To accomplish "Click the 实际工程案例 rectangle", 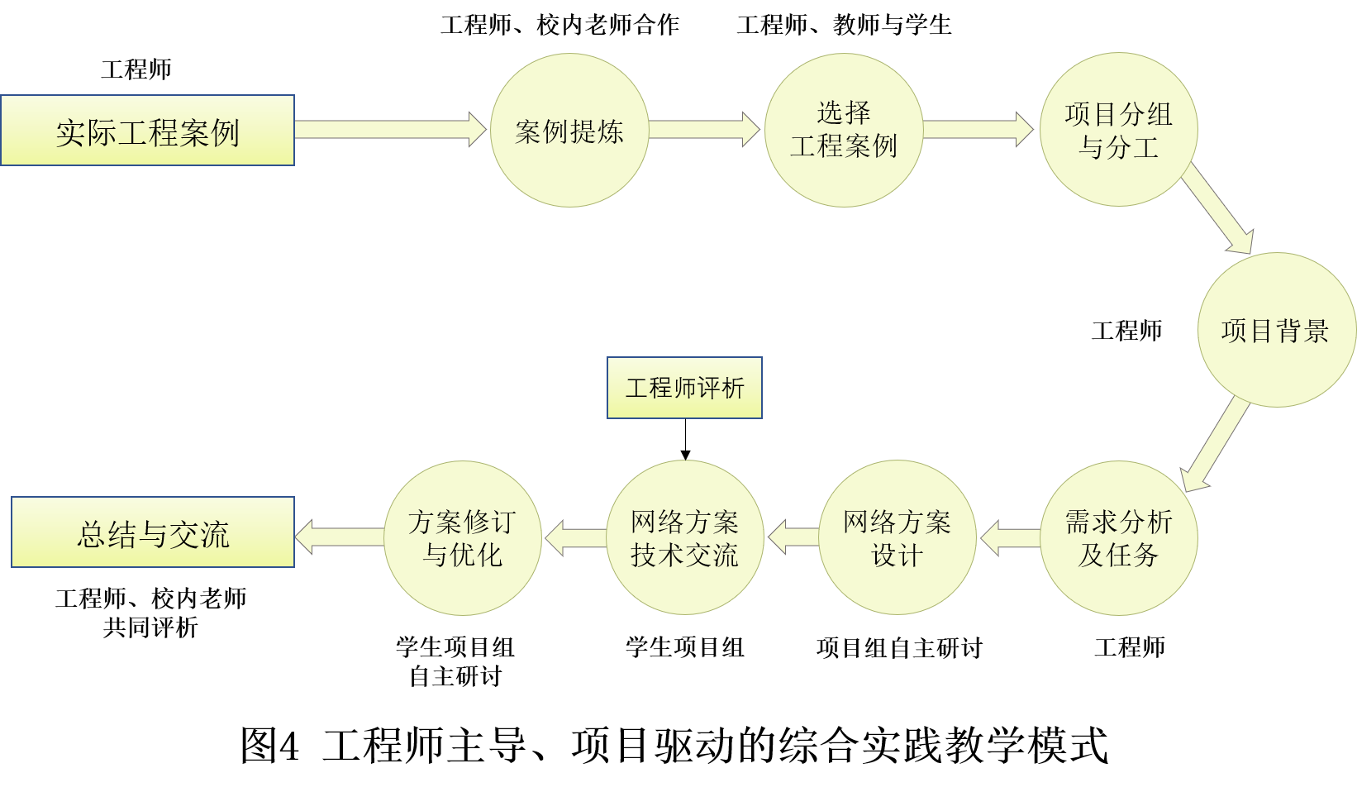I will pyautogui.click(x=147, y=131).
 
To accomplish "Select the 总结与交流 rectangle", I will pyautogui.click(x=153, y=532).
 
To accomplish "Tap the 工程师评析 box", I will pyautogui.click(x=684, y=388).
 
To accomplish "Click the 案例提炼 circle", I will pyautogui.click(x=569, y=131).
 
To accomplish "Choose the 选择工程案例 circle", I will pyautogui.click(x=843, y=131).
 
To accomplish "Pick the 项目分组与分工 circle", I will pyautogui.click(x=1118, y=131).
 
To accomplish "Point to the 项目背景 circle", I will pyautogui.click(x=1276, y=330).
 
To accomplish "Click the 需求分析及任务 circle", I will pyautogui.click(x=1118, y=537).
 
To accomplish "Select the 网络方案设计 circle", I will pyautogui.click(x=897, y=537).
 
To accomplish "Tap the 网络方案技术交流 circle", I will pyautogui.click(x=684, y=537).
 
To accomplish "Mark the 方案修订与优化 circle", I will pyautogui.click(x=463, y=537).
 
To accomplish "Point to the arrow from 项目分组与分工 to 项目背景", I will pyautogui.click(x=1219, y=210).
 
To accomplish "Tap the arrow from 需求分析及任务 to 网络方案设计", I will pyautogui.click(x=1010, y=538).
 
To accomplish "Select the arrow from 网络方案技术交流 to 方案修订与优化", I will pyautogui.click(x=576, y=538).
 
